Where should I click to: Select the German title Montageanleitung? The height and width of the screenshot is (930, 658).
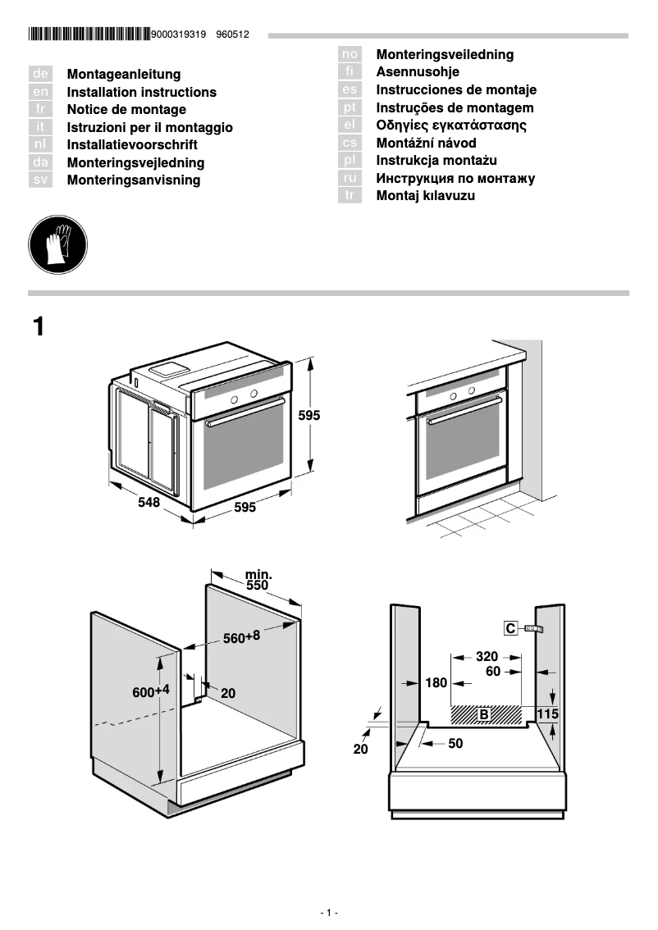(123, 75)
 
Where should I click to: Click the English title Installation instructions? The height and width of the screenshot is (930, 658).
(141, 93)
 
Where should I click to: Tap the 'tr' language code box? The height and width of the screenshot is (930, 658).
(350, 195)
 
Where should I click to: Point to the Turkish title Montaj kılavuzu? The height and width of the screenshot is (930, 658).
(425, 196)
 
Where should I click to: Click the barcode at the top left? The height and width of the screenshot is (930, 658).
(89, 34)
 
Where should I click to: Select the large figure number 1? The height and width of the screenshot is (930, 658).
(38, 326)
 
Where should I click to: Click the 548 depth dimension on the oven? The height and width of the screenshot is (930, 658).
(149, 503)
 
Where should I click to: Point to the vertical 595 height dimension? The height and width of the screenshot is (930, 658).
(309, 416)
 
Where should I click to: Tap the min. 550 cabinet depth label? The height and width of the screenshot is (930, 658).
(258, 581)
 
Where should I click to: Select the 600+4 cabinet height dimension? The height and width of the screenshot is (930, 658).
(151, 691)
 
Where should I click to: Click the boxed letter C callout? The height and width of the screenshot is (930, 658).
(510, 628)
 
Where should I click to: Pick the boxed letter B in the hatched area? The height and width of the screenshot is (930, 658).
(484, 714)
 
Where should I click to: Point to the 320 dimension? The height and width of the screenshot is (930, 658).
(487, 656)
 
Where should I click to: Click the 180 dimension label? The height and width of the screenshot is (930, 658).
(436, 682)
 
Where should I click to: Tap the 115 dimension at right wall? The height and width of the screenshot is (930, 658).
(548, 714)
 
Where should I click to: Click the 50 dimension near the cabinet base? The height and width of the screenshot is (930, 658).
(455, 744)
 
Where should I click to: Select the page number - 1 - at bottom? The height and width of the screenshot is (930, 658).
(329, 913)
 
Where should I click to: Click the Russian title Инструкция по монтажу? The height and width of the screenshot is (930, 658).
(455, 178)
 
